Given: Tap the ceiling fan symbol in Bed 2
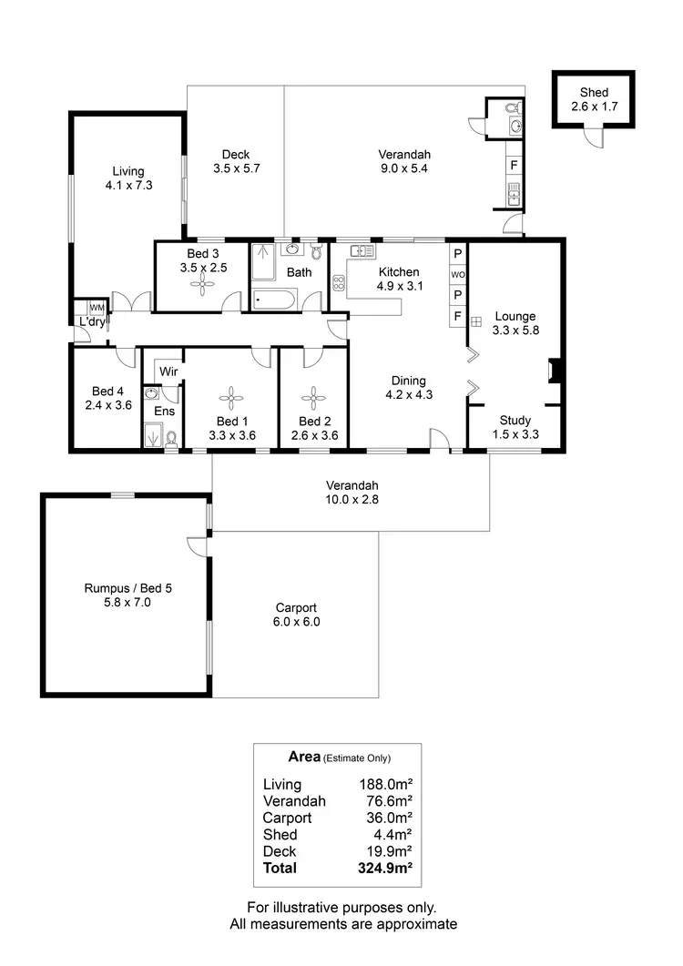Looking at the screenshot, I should tap(313, 396).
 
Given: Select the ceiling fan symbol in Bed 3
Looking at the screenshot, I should tap(200, 284).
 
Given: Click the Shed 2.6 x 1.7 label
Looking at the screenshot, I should tap(594, 99).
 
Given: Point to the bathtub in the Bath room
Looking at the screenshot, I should tap(274, 299).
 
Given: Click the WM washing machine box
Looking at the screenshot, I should tap(96, 308).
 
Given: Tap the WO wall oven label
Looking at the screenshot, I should tap(458, 274).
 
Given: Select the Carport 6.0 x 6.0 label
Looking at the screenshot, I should tap(296, 615).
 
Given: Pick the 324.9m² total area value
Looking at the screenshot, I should tap(386, 868).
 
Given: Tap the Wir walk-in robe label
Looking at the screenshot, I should tap(168, 371).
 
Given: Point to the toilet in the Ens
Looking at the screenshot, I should tap(170, 439).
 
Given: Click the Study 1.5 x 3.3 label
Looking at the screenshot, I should tap(516, 427).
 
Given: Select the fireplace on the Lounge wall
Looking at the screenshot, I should tap(552, 371).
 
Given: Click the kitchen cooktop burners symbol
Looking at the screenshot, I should tap(339, 281).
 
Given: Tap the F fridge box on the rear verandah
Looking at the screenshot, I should tap(514, 165).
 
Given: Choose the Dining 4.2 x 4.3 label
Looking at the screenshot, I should tap(408, 388).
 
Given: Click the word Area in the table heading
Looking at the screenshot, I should tap(304, 756).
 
